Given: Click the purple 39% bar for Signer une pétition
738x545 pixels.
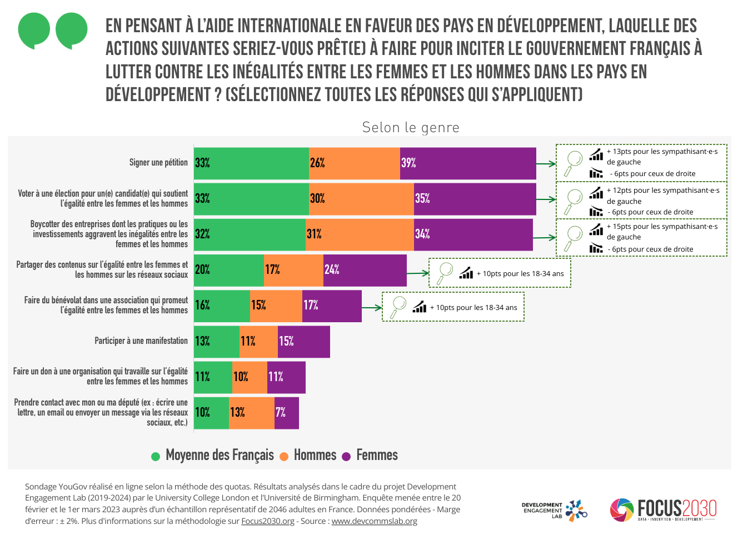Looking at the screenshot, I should coord(468,163).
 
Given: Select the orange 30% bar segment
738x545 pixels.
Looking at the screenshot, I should coord(361,199).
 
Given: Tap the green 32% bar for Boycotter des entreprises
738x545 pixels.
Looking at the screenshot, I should coord(250,234).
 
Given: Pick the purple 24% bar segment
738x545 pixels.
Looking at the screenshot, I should coord(365,270).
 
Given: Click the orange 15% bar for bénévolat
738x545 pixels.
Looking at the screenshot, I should coord(276,306).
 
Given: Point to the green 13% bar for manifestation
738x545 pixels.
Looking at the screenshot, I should coord(217,342).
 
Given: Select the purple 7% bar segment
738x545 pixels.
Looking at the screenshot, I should coord(287,413).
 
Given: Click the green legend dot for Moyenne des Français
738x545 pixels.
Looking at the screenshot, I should coord(156,457).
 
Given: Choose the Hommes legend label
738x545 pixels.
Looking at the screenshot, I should coord(315,456).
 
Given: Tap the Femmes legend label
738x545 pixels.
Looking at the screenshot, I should coord(377,456).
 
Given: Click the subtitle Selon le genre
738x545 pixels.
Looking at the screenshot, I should coord(411,128).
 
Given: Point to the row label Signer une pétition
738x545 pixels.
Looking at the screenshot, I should coord(158,163).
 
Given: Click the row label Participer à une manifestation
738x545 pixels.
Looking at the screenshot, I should coord(141,341).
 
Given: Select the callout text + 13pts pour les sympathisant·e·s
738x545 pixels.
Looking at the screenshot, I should coord(662,152).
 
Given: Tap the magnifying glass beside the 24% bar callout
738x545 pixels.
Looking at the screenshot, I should coord(445,273).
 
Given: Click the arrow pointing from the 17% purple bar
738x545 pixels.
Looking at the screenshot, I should coord(372,307).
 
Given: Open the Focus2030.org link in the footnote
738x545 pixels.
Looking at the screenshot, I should coord(268,521).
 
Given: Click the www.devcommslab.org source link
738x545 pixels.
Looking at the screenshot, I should coord(374,521).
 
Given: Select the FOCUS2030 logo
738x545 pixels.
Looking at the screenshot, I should coord(663,509).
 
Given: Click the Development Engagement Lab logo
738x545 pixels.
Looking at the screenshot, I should coord(554,510).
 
